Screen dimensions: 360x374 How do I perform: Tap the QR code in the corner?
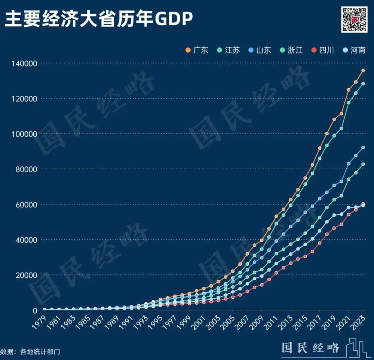(x=354, y=19)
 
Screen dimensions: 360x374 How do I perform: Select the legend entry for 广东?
(x=197, y=50)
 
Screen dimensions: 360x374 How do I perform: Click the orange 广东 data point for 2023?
(x=363, y=71)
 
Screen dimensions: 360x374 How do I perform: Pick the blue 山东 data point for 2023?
(x=363, y=148)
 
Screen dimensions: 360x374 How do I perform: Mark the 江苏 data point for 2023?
(x=363, y=84)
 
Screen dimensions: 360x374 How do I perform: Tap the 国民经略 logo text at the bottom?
(x=310, y=348)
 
